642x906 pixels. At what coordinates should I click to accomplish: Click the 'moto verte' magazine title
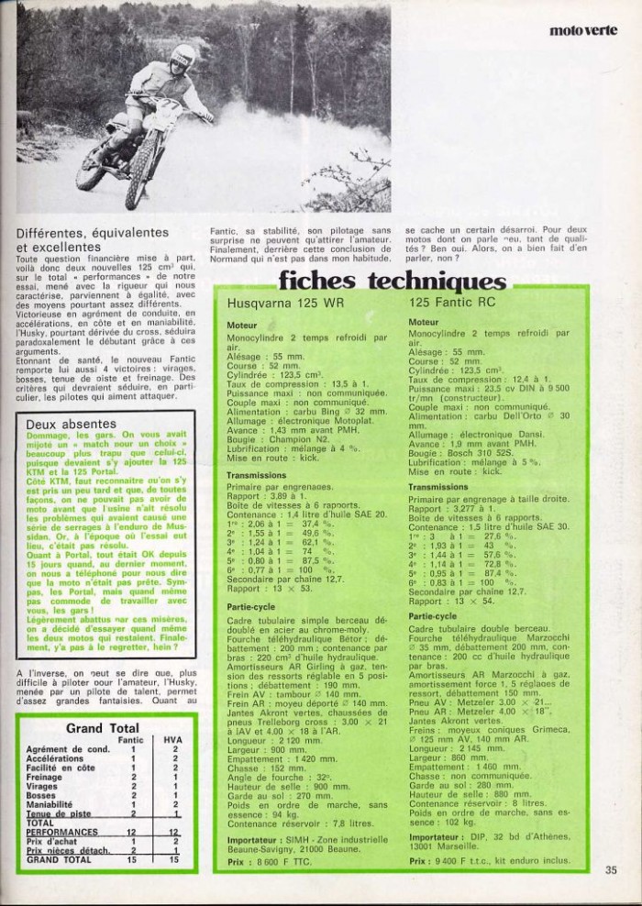[583, 30]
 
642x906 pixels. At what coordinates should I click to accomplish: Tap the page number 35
[612, 870]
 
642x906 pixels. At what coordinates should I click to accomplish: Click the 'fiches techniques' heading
[392, 281]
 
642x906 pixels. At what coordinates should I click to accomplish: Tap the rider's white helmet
[183, 56]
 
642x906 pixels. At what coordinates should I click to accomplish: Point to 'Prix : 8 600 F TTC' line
[271, 863]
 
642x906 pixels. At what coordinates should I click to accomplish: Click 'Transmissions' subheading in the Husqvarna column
[257, 475]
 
